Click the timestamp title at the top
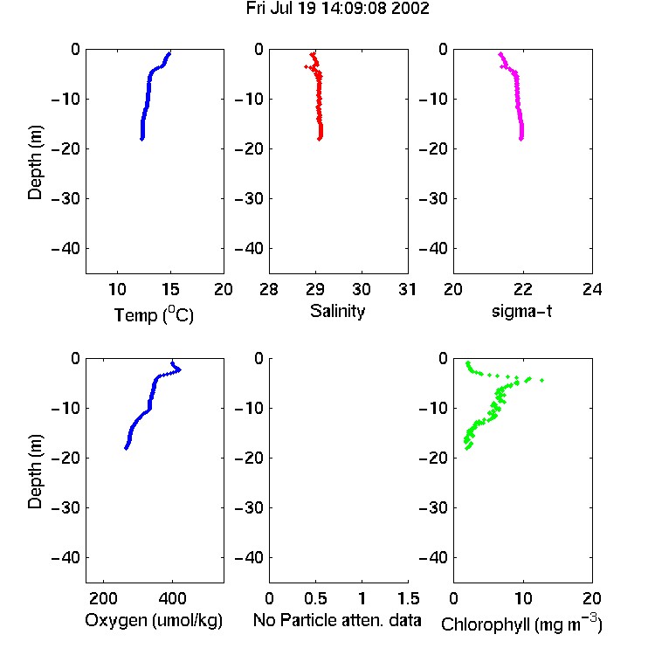337,9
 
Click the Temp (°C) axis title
154,314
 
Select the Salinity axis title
337,311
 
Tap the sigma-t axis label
521,311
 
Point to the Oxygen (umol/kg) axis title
154,620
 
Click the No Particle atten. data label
337,620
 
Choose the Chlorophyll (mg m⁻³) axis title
521,623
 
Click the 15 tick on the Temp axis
170,289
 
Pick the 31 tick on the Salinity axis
407,289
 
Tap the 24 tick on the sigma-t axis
592,289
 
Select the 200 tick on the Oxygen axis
103,598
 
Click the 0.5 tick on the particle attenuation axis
315,598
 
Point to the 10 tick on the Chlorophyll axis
523,598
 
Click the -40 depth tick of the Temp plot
65,249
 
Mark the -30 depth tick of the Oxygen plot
65,507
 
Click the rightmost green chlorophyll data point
541,380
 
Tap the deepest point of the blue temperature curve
142,139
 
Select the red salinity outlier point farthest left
307,67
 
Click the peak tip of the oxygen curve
180,369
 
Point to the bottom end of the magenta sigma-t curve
521,139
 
